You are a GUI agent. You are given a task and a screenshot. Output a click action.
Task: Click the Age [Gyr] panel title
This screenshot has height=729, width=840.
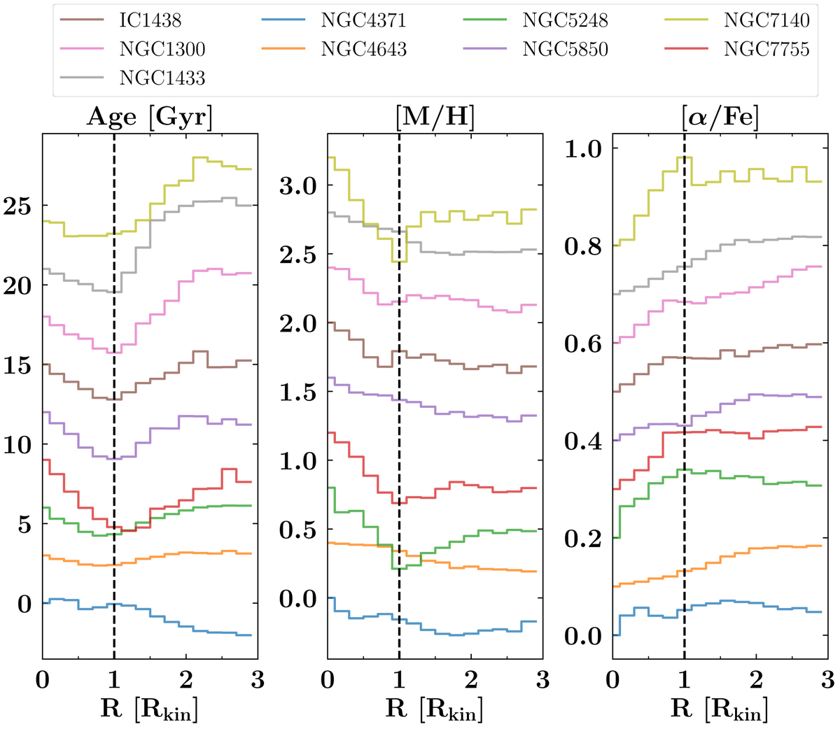click(x=149, y=117)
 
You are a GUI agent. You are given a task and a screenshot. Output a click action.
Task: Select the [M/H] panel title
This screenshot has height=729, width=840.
click(x=435, y=117)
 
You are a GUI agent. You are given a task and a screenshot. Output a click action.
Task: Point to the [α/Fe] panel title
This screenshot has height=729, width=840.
click(x=720, y=117)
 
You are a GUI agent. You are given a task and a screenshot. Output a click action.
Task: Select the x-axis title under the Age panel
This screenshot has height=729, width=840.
click(x=149, y=709)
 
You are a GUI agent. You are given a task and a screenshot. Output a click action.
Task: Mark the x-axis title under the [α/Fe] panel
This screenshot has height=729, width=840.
click(x=720, y=709)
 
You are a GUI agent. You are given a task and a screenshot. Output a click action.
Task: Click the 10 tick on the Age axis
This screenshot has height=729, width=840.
click(x=18, y=445)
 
